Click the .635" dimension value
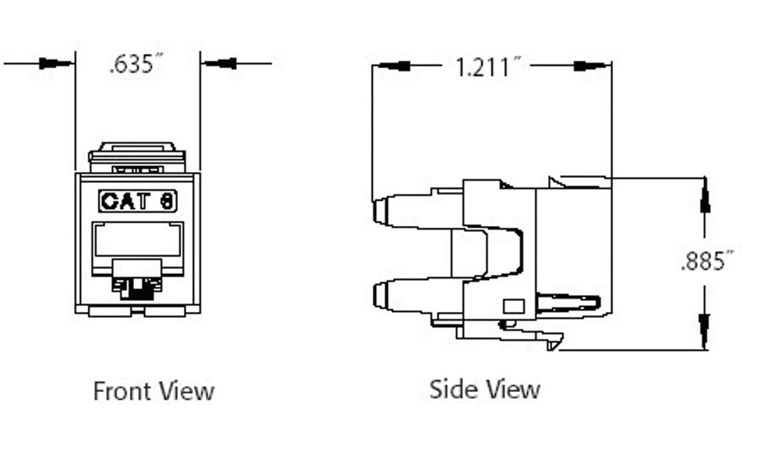(x=136, y=64)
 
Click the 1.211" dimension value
(x=483, y=67)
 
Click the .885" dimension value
(x=707, y=261)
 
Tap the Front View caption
(x=153, y=391)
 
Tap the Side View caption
(x=485, y=389)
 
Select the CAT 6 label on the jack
(x=138, y=201)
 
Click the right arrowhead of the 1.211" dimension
(x=589, y=66)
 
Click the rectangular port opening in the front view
(x=138, y=241)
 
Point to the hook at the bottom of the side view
(x=553, y=342)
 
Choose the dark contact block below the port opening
(x=138, y=285)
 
